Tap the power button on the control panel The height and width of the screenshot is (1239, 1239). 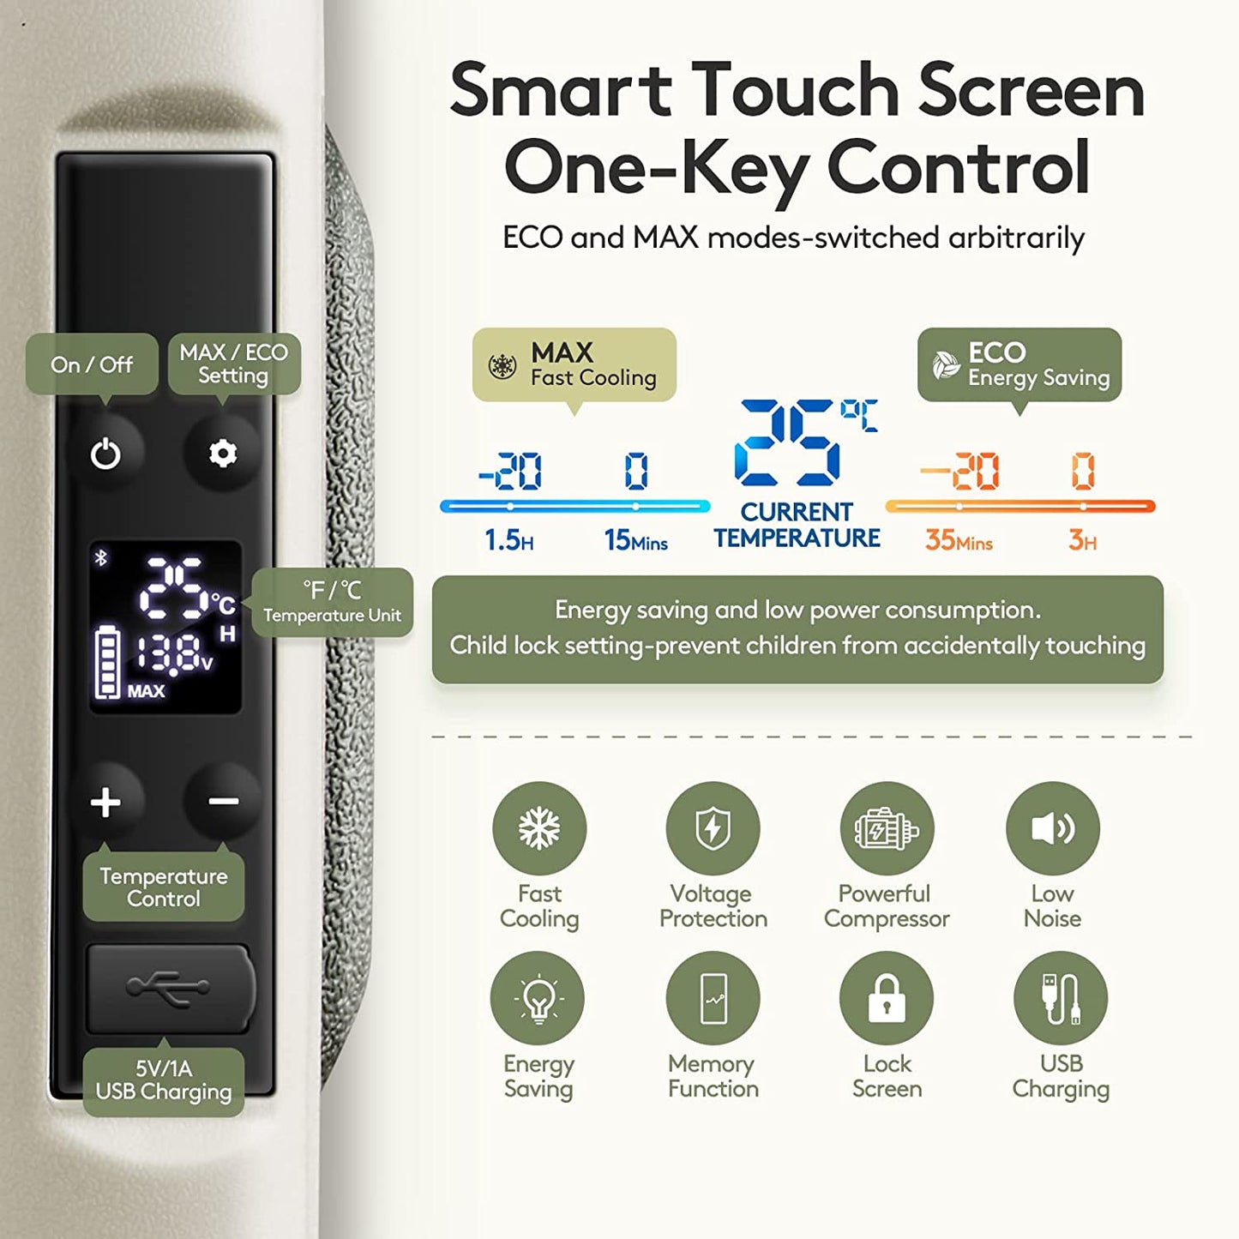tap(105, 454)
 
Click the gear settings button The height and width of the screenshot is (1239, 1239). tap(222, 454)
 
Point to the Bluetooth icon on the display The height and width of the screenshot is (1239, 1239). tap(101, 558)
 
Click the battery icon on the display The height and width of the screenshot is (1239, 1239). tap(107, 661)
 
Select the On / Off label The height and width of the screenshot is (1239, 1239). tap(92, 364)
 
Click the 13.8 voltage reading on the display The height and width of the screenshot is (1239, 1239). tap(173, 654)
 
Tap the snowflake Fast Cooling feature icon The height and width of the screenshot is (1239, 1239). tap(538, 828)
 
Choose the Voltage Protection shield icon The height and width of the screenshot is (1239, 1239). tap(713, 828)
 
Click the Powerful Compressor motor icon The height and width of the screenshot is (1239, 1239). tap(887, 828)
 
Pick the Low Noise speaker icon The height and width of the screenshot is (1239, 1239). tap(1053, 828)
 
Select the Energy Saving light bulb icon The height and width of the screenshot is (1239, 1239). tap(538, 999)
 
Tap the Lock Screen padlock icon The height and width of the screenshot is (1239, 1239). tap(886, 999)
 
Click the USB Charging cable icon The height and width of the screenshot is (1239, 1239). tap(1061, 999)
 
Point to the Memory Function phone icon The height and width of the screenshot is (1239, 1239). tap(713, 999)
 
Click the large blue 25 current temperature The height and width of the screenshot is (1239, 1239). tap(787, 443)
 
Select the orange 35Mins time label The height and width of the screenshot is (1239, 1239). tap(959, 540)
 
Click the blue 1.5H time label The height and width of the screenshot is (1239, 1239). tap(508, 540)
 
